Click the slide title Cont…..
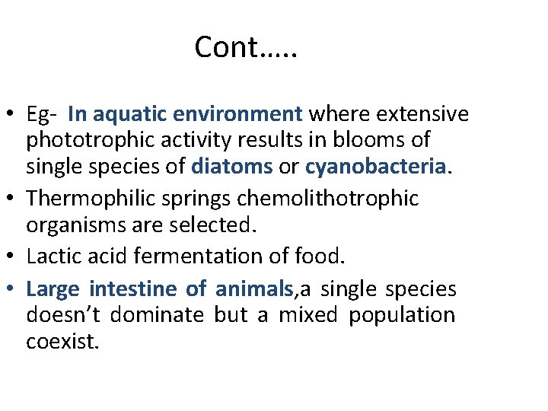pos(246,47)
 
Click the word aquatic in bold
pos(130,115)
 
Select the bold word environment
pos(237,115)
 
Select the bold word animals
pos(253,289)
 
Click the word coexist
pos(62,341)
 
